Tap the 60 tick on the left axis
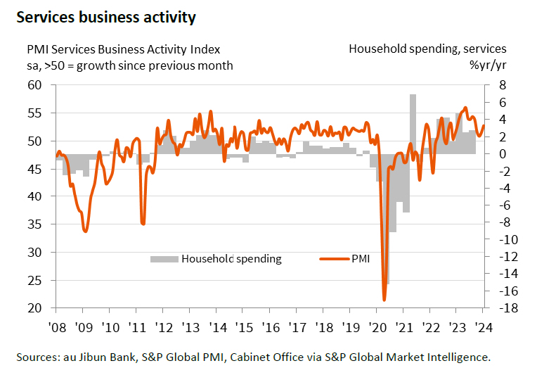(34, 85)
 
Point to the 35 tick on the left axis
(34, 224)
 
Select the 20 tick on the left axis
(34, 308)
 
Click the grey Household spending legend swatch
(164, 259)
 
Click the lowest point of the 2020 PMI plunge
(384, 300)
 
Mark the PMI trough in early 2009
(85, 231)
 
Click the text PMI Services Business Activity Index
(123, 49)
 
